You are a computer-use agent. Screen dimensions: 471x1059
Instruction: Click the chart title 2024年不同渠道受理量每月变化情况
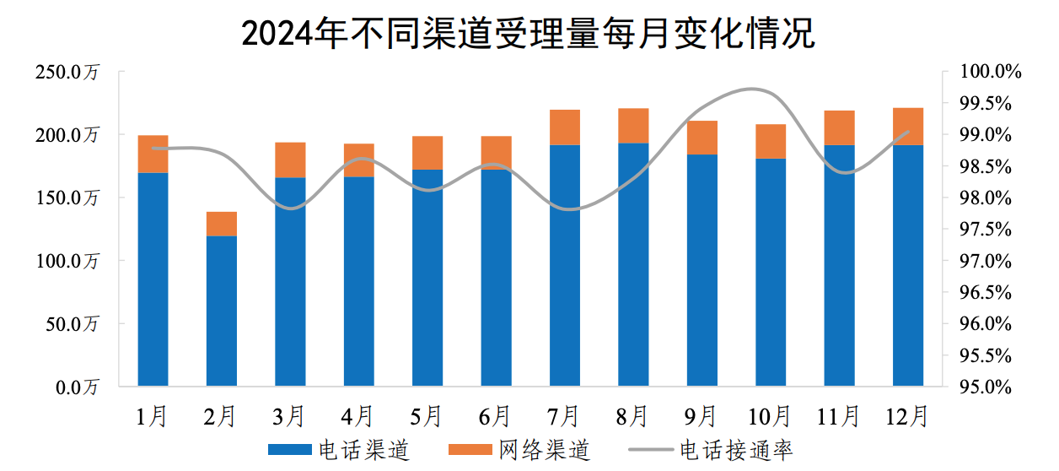click(x=529, y=34)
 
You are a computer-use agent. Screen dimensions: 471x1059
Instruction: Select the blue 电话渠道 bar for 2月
click(x=222, y=311)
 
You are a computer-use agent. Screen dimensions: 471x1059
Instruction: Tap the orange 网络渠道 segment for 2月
click(x=222, y=224)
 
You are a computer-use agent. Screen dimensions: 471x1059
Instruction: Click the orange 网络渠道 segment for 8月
click(x=633, y=126)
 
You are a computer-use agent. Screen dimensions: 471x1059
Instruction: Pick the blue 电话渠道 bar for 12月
click(x=908, y=265)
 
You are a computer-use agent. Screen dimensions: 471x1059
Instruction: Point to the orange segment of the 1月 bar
click(x=153, y=154)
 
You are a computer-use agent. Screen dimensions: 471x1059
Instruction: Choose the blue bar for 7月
click(x=565, y=265)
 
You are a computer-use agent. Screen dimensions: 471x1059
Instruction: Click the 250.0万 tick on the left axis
click(x=67, y=73)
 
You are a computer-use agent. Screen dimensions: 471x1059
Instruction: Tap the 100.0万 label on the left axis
click(x=67, y=262)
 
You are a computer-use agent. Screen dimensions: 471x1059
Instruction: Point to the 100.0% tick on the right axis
click(x=991, y=73)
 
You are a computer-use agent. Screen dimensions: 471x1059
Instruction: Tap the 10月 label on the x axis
click(x=771, y=416)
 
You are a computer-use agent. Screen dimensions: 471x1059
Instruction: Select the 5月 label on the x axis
click(x=427, y=416)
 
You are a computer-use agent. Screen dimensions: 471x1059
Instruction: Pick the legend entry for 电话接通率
click(x=713, y=450)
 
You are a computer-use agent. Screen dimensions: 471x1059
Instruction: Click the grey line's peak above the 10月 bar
click(x=755, y=89)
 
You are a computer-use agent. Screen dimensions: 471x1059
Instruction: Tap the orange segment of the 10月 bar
click(x=771, y=141)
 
